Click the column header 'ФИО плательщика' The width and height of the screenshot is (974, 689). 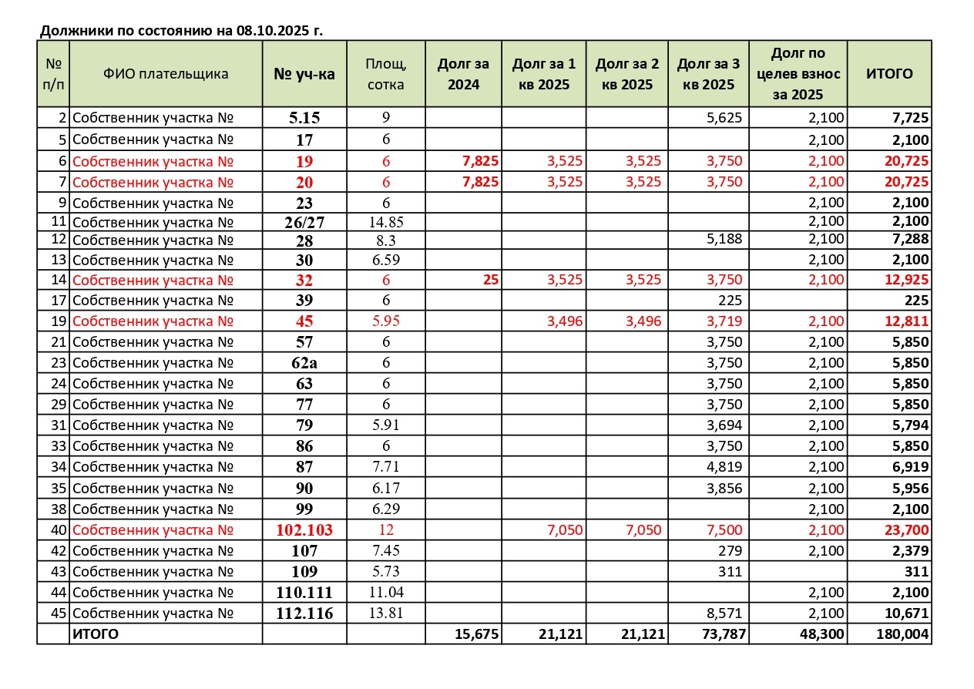tap(166, 74)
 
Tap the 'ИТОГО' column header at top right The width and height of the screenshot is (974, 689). tap(889, 74)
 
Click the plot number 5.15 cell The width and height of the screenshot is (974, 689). tap(304, 118)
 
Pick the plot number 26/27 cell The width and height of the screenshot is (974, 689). tap(304, 223)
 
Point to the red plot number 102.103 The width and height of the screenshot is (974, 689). tap(304, 530)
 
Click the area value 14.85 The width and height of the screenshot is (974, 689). tap(386, 223)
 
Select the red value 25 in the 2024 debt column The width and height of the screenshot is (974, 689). tap(490, 280)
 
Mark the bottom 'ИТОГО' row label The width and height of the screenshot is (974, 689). tap(96, 634)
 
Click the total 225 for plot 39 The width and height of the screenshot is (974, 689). tap(917, 301)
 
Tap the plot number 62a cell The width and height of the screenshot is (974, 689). tap(304, 363)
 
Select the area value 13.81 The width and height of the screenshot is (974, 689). tap(386, 613)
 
